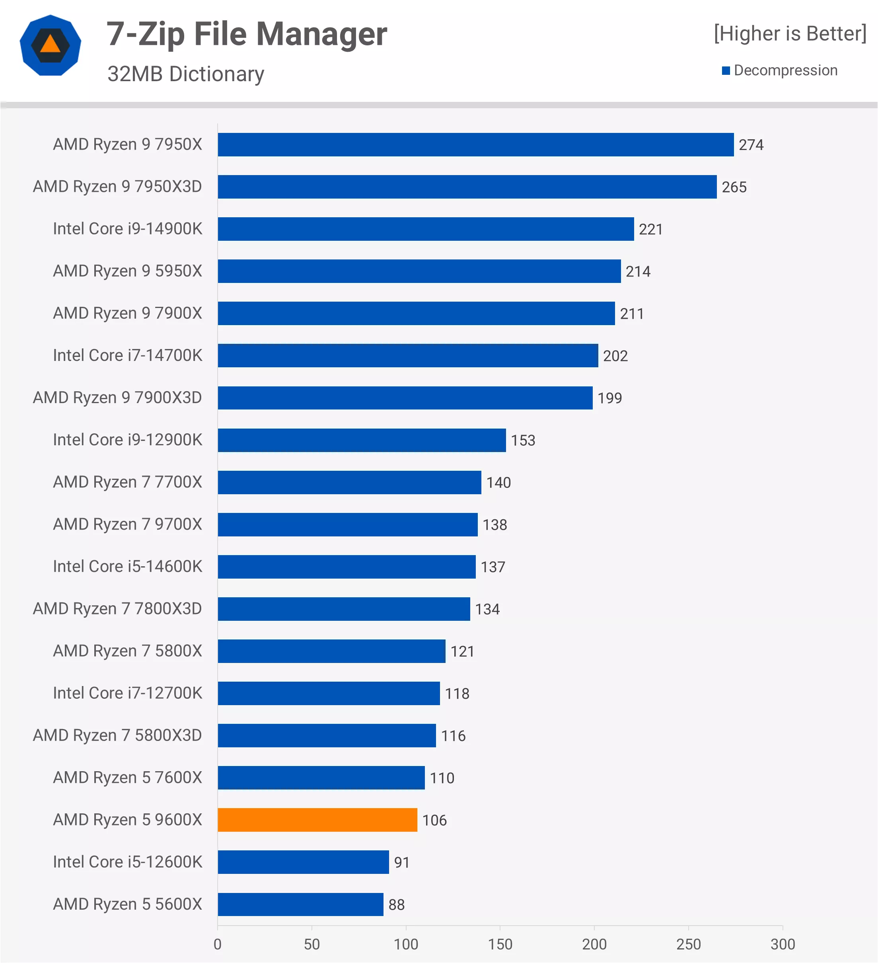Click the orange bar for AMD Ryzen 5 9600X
[x=317, y=820]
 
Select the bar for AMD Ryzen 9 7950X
[x=475, y=144]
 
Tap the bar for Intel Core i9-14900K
[x=426, y=229]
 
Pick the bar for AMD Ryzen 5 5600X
[x=300, y=904]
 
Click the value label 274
[x=751, y=145]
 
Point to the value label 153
[x=523, y=440]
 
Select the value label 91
[x=401, y=862]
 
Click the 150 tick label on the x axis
[x=500, y=944]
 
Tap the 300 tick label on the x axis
[x=783, y=944]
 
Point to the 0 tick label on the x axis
[x=218, y=944]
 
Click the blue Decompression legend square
[x=726, y=71]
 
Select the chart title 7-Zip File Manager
[x=246, y=34]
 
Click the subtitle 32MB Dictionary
[x=186, y=74]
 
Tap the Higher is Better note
[x=790, y=33]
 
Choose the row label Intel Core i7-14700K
[x=127, y=355]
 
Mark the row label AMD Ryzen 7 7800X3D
[x=117, y=608]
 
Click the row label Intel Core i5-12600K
[x=127, y=862]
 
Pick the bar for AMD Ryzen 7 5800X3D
[x=327, y=735]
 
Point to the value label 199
[x=610, y=398]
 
